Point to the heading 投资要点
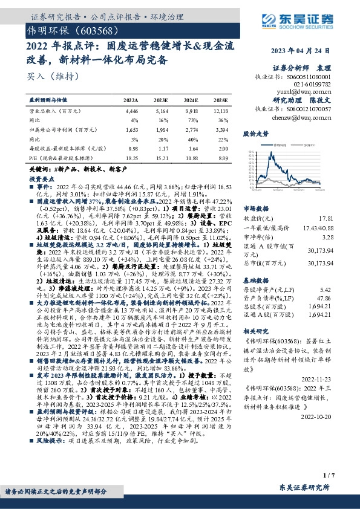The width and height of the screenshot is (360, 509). pos(42,180)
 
